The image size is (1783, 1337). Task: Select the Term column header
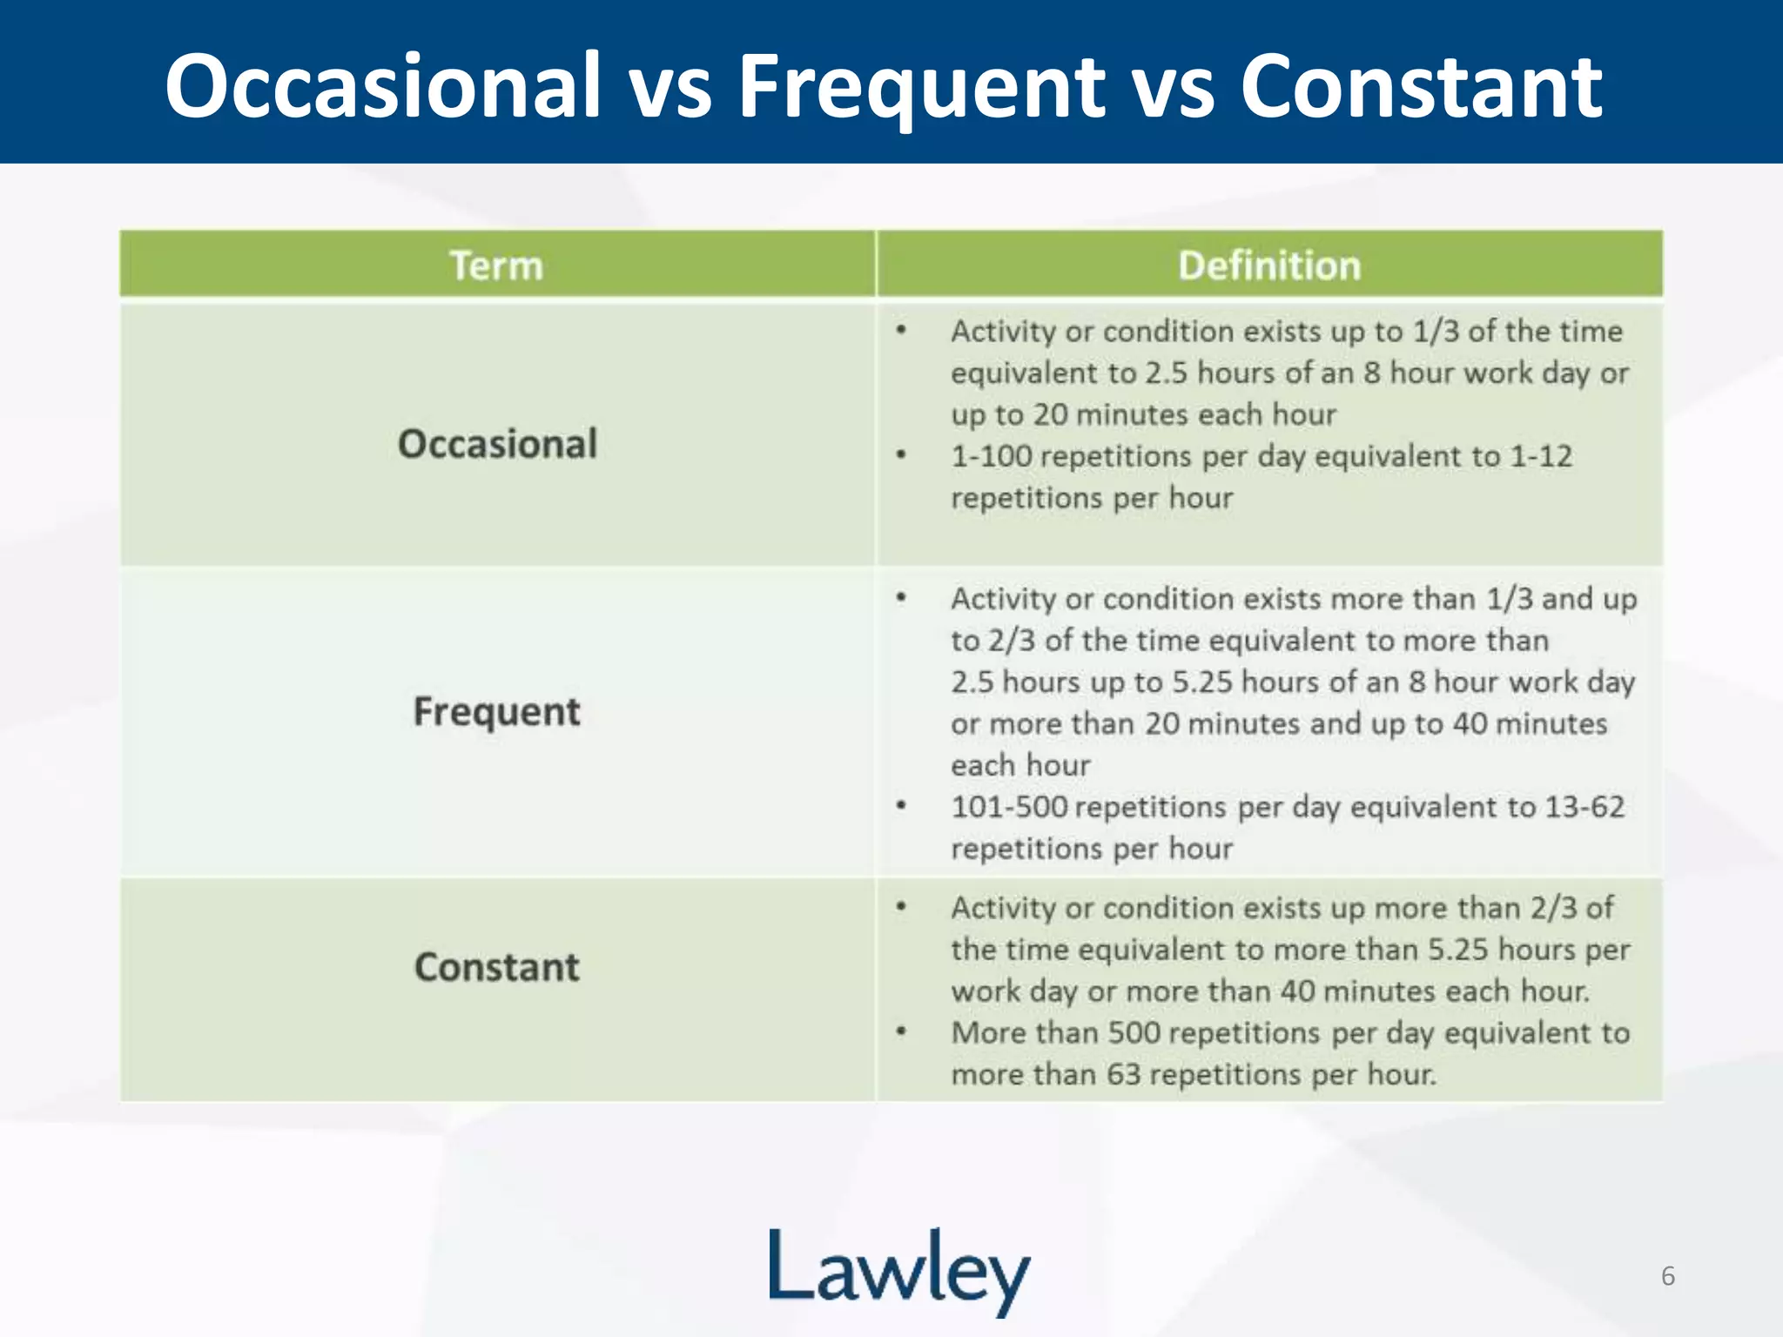coord(496,265)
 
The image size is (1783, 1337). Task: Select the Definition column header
coord(1268,265)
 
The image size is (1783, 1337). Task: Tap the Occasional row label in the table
coord(497,444)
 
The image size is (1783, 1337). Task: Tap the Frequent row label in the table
coord(496,712)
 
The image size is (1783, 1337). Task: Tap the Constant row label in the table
coord(496,967)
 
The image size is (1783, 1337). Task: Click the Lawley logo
coord(898,1271)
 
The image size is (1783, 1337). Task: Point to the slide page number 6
coord(1667,1276)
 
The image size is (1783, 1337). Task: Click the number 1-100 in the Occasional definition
coord(991,456)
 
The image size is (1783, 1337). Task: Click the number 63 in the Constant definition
coord(1123,1074)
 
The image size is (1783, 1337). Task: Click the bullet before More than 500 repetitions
coord(901,1032)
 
